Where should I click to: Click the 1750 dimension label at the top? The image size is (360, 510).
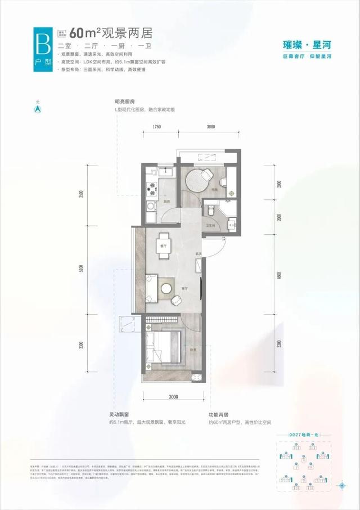[156, 127]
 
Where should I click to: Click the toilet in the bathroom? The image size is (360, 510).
[211, 211]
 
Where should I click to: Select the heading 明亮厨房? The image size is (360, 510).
[125, 102]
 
